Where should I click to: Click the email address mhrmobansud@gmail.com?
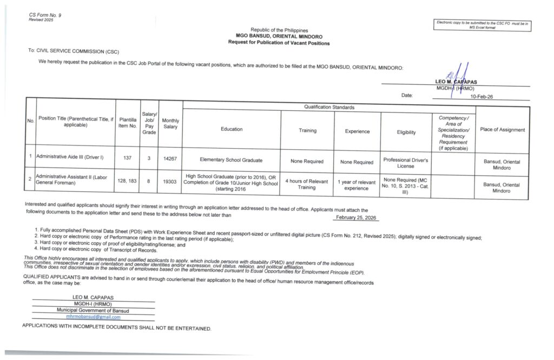93,317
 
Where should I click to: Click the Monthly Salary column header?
170,123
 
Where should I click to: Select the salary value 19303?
170,182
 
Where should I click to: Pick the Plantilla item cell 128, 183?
128,182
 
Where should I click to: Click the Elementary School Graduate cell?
231,160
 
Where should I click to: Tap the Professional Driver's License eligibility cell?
405,163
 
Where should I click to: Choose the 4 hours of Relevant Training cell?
306,184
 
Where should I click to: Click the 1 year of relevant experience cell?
357,185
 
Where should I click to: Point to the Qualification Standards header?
329,107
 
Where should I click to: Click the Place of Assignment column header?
502,130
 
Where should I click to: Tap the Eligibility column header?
406,132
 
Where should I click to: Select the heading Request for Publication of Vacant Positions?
279,43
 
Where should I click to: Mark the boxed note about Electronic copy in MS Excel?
483,25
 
